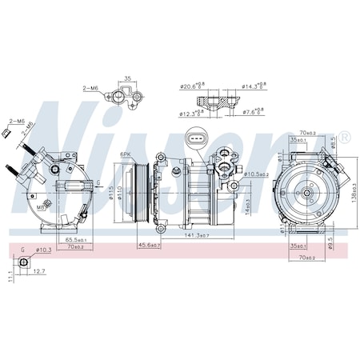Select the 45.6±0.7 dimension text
[x=150, y=245]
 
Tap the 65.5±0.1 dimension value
[x=77, y=239]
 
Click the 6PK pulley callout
[x=126, y=154]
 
